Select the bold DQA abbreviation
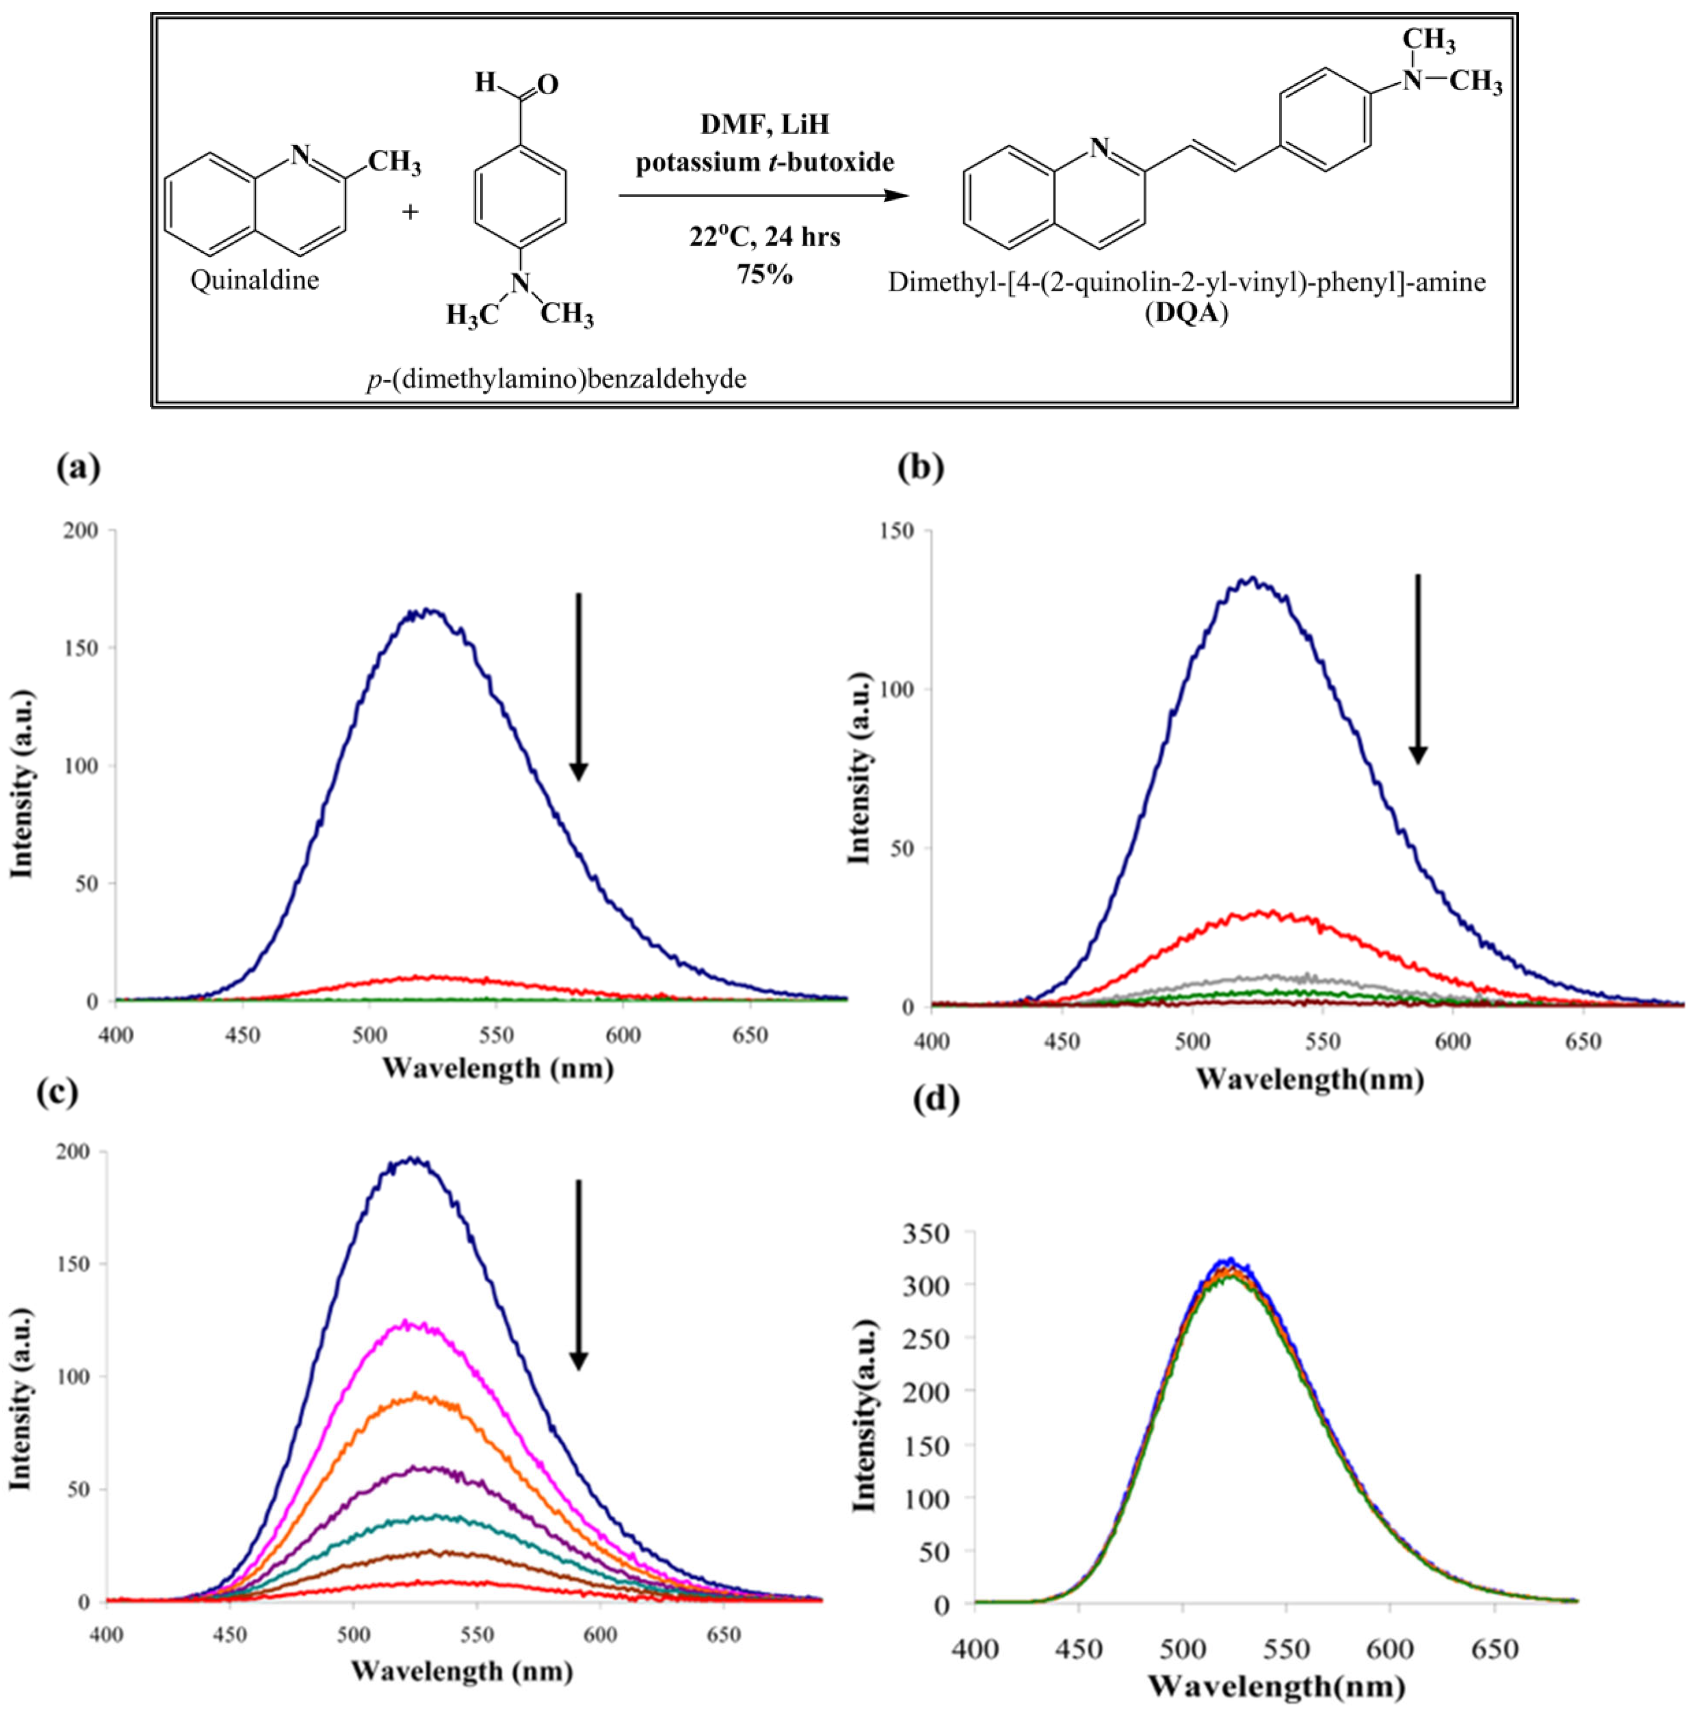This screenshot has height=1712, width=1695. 1186,314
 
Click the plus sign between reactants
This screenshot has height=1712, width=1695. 410,213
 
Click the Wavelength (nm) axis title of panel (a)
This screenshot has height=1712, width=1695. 498,1068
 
